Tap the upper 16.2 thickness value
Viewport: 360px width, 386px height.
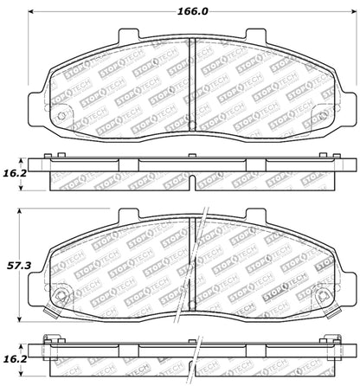[x=13, y=174]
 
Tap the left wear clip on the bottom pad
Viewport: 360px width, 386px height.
[x=58, y=299]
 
